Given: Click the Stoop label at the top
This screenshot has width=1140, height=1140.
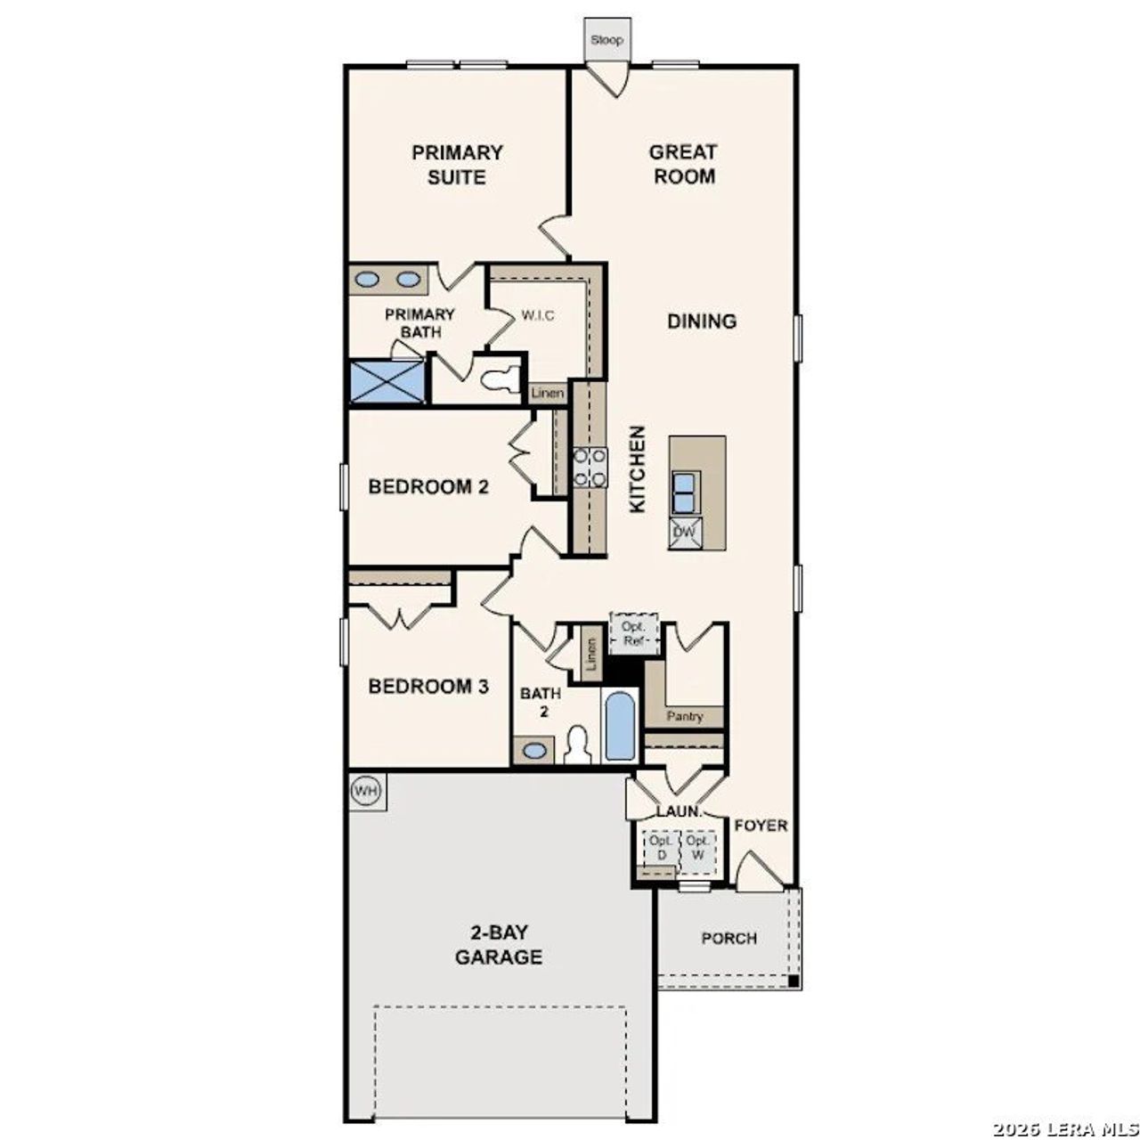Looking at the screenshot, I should [607, 40].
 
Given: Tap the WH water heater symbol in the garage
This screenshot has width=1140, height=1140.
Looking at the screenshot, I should [365, 790].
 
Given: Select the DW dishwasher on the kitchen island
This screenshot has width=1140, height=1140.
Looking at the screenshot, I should [685, 533].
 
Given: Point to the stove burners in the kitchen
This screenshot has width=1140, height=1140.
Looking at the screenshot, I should [590, 468].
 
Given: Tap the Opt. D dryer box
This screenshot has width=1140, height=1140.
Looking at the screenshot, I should [661, 848].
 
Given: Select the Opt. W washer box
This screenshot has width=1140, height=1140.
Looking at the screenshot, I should [698, 848].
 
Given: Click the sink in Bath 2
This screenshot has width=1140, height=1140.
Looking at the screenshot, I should [534, 750].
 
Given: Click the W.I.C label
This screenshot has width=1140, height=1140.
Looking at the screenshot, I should [539, 315].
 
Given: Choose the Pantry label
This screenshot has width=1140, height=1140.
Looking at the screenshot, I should [684, 716].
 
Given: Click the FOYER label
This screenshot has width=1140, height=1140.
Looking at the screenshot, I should [761, 826].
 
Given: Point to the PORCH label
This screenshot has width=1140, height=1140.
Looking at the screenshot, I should [729, 938].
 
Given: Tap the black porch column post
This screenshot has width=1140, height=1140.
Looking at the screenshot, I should [793, 981].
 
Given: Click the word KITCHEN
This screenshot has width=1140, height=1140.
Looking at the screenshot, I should [638, 468].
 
